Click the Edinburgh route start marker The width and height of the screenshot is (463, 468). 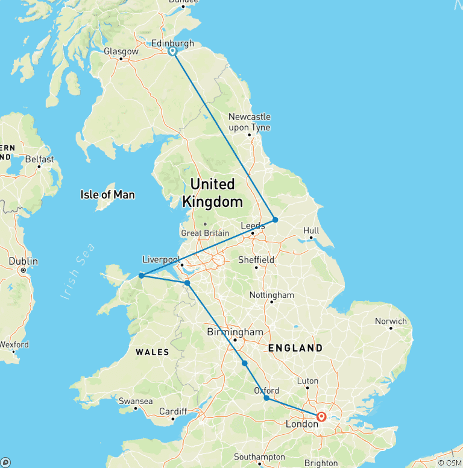point(172,51)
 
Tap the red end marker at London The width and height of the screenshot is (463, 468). point(321,416)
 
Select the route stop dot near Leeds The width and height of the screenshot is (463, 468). point(275,220)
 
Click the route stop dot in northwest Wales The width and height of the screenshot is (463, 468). point(141,276)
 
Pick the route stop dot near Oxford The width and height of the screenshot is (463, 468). point(266,398)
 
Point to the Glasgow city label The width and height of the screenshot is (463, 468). point(121,52)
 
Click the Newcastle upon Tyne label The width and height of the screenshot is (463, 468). point(249,122)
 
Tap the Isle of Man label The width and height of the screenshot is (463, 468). point(107,195)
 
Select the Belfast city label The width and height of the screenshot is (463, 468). point(39,159)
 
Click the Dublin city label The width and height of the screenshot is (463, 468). point(24,262)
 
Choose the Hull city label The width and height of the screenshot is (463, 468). point(311,230)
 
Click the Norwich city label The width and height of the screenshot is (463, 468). point(390,321)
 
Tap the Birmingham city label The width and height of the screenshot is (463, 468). point(235,332)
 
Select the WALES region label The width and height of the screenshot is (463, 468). point(152,352)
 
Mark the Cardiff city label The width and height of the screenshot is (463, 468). point(174,412)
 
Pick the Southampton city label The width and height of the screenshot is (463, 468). point(259,457)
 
